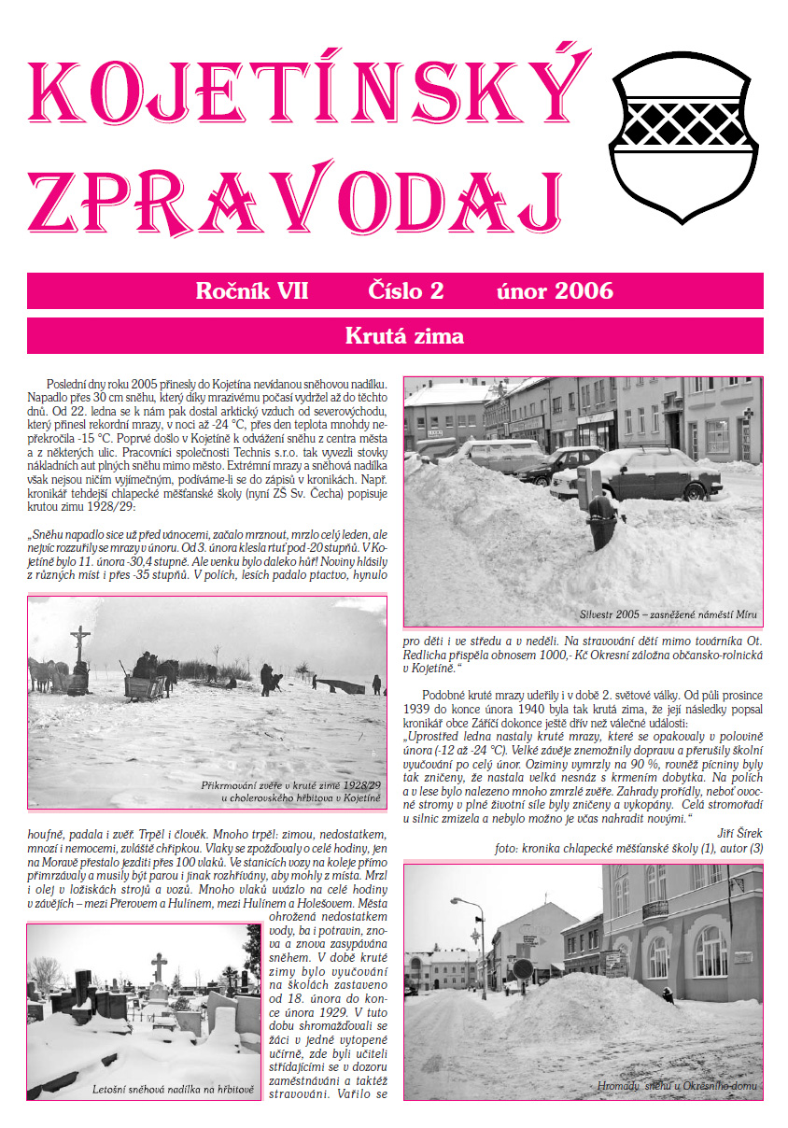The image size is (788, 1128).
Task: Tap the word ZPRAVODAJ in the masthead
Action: tap(296, 203)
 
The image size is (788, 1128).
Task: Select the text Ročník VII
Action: tap(252, 290)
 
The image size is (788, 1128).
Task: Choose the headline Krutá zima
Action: tap(403, 335)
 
